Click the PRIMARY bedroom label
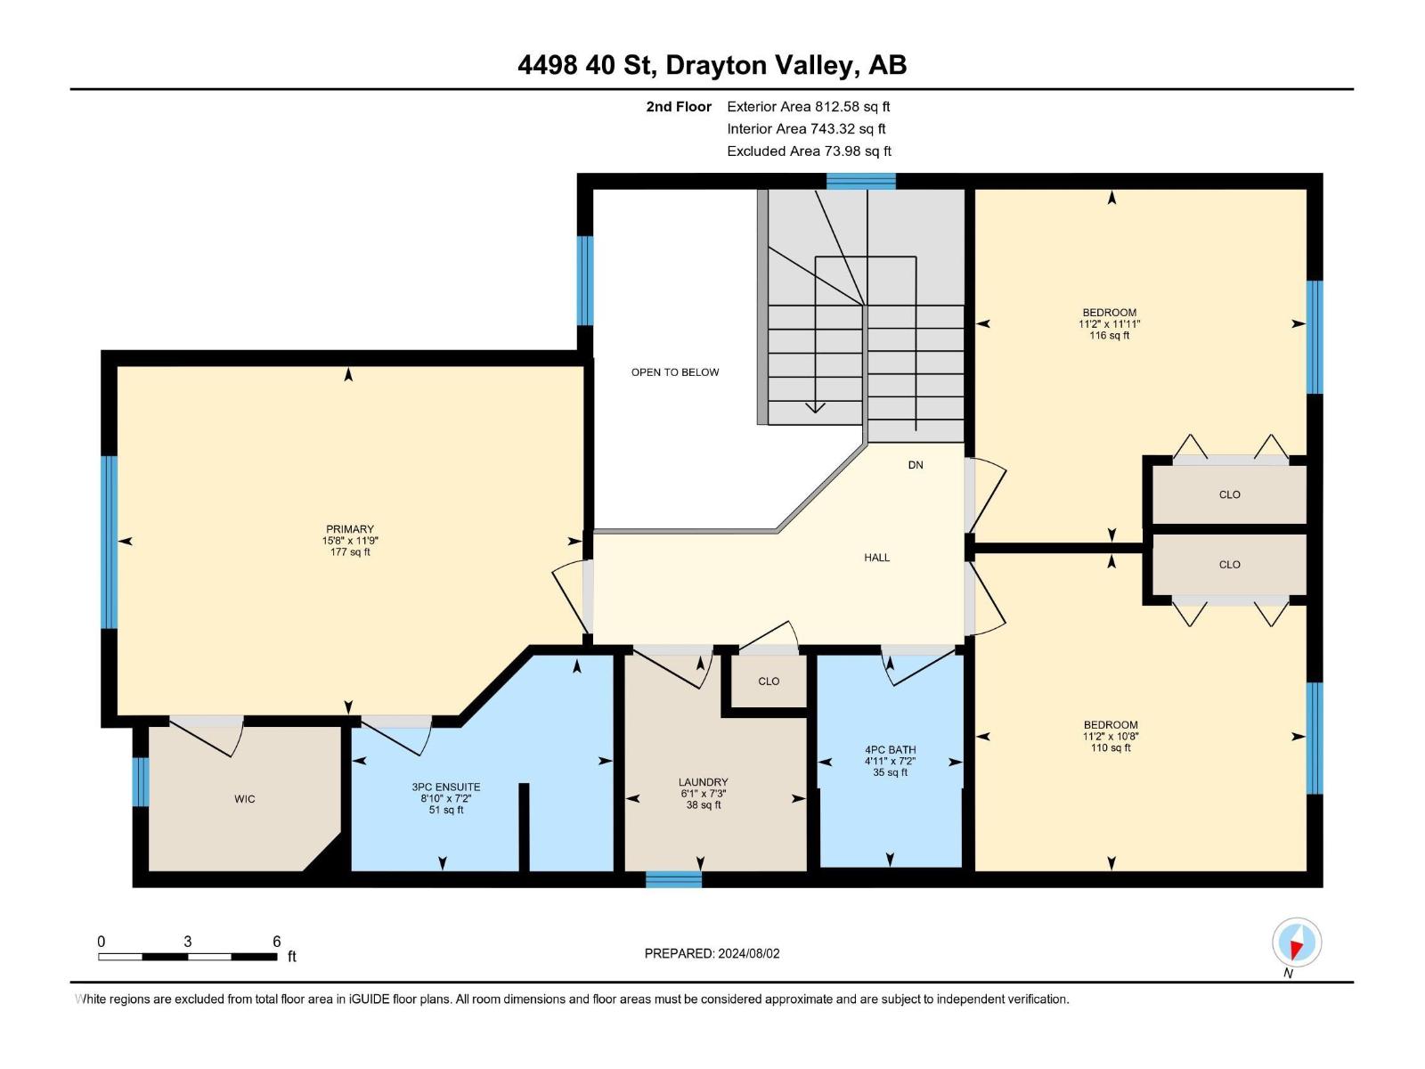(x=350, y=529)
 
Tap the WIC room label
(x=245, y=799)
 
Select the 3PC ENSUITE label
(x=446, y=787)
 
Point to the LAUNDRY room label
(x=704, y=782)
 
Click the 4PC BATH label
(x=890, y=750)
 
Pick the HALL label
(x=876, y=558)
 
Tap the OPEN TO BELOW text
(x=675, y=372)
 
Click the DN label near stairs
(x=916, y=465)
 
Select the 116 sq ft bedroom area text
(x=1110, y=336)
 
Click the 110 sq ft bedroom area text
(x=1111, y=748)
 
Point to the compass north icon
(x=1297, y=942)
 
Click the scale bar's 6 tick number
(x=277, y=942)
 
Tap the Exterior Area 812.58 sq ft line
(x=809, y=107)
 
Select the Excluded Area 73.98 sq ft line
(x=809, y=151)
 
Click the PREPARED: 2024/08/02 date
(x=712, y=953)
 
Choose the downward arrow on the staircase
(x=815, y=407)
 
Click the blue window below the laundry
(x=673, y=880)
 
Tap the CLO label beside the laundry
(x=769, y=681)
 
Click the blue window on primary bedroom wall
(x=110, y=542)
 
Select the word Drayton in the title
(x=716, y=65)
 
